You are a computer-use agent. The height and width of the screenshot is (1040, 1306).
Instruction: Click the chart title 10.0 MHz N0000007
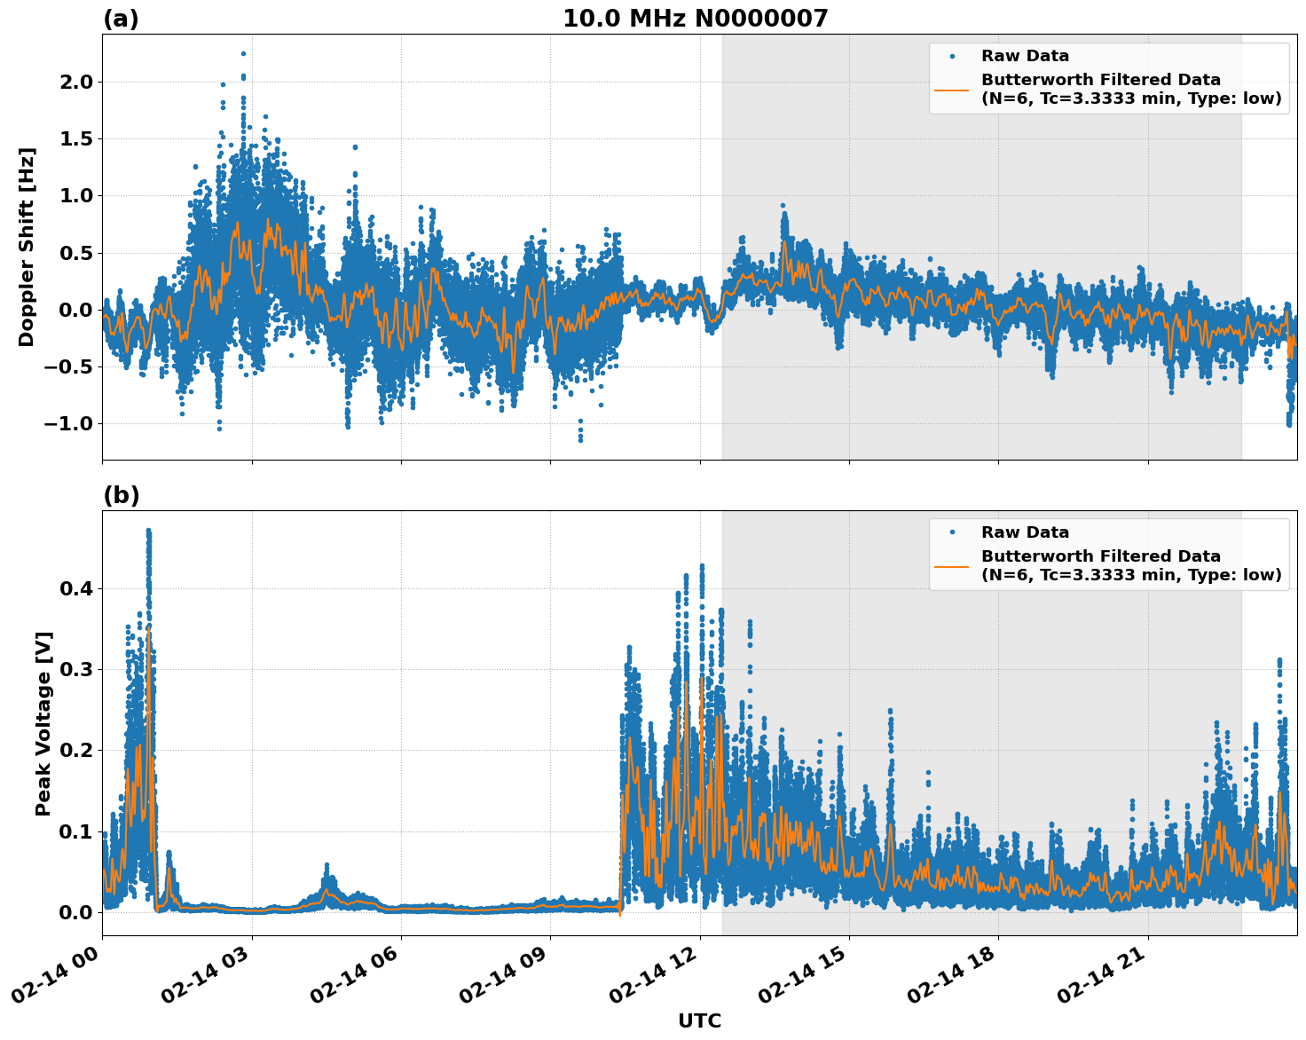(x=695, y=19)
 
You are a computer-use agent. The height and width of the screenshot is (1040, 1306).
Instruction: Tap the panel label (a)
(x=121, y=19)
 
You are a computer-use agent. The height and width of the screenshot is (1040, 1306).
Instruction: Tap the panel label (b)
(x=121, y=495)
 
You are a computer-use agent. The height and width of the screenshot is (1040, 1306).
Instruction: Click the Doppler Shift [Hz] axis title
(x=27, y=247)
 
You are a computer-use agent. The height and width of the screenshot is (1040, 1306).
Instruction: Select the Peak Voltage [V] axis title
(x=43, y=723)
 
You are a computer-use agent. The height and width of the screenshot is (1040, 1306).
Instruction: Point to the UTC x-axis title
(x=699, y=1021)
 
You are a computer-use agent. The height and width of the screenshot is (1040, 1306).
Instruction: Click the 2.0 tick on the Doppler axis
(x=75, y=82)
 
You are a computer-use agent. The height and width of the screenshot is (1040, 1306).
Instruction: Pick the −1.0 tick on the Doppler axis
(x=69, y=423)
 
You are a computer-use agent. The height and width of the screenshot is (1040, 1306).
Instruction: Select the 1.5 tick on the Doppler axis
(x=75, y=138)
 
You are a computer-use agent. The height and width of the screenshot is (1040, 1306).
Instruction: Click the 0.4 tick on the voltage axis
(x=75, y=588)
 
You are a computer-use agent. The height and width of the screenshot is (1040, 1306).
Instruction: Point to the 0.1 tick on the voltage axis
(x=75, y=831)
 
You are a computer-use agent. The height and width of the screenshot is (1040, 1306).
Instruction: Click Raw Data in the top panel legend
(x=1025, y=56)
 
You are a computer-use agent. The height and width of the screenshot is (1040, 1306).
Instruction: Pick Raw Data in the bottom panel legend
(x=1025, y=532)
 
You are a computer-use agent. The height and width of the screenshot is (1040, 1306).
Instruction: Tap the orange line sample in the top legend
(x=952, y=90)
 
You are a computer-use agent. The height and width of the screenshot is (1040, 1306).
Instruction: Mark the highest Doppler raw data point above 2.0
(x=243, y=53)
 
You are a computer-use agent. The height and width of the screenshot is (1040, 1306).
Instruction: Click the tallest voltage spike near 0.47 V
(x=148, y=531)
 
